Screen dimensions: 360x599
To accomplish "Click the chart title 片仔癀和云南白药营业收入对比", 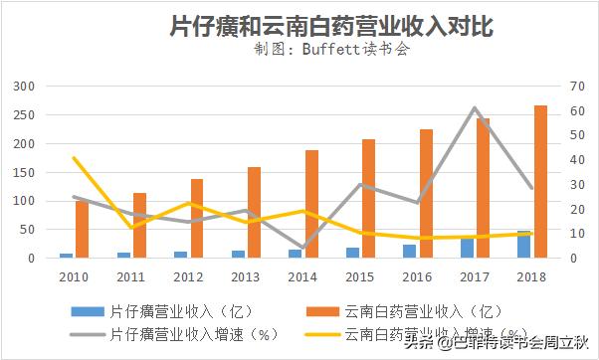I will tap(299, 23).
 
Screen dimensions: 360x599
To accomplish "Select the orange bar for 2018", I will tap(540, 181).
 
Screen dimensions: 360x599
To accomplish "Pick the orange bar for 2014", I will tap(311, 204).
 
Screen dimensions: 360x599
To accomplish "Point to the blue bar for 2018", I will tap(524, 245).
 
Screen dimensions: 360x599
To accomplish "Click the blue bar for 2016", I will tap(410, 251).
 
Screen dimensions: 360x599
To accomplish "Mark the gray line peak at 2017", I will tap(475, 107).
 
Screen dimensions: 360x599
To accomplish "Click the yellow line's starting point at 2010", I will tap(74, 157).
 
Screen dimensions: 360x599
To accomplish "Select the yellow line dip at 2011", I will tap(131, 228).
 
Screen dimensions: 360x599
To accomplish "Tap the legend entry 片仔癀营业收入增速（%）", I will tap(174, 335).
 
